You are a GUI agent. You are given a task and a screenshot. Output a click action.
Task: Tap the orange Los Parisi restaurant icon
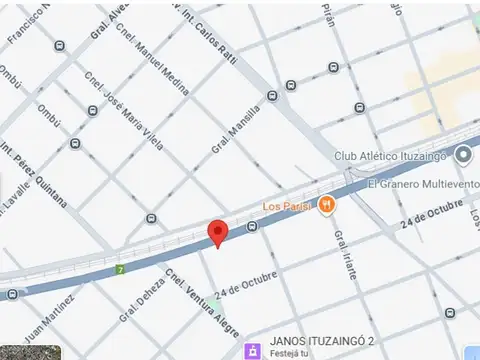point(328,205)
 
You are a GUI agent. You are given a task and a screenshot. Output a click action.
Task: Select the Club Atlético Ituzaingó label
point(391,157)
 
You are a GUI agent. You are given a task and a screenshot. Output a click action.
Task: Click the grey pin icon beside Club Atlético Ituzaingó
point(462,155)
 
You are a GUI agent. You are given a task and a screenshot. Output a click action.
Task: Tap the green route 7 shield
point(120,270)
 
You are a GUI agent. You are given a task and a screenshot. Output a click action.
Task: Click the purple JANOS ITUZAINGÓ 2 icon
point(253,349)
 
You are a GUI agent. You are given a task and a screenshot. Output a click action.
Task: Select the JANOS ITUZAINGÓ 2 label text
point(320,340)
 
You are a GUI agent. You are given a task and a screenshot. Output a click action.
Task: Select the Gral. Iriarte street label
point(345,255)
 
